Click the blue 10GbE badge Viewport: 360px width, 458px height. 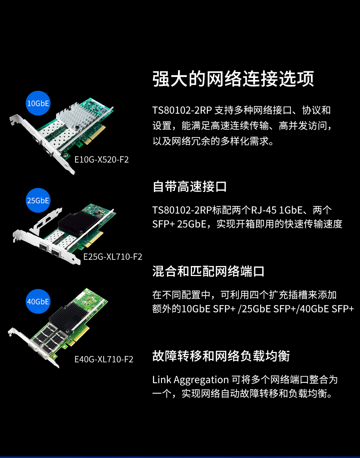pos(38,103)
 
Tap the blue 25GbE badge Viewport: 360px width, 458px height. pos(38,201)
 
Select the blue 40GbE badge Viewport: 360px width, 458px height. pos(38,302)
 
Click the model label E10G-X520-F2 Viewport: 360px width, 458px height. pos(101,160)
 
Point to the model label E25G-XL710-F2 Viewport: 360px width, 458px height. pos(113,257)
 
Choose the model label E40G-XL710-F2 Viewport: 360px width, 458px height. pos(104,359)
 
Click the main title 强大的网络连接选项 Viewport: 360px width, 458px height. pos(233,79)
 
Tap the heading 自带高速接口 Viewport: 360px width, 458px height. pos(190,187)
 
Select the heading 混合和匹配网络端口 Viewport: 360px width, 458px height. pos(209,271)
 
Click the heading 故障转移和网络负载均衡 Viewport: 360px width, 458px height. pos(221,356)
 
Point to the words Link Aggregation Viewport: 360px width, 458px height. pos(191,380)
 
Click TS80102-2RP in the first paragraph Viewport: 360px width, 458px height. pos(182,110)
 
